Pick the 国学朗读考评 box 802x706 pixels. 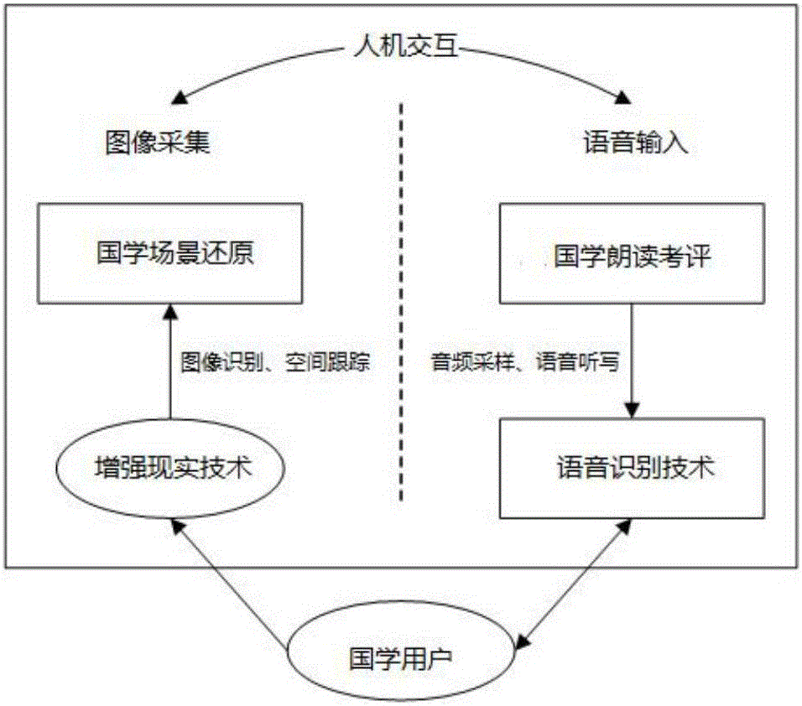click(x=633, y=254)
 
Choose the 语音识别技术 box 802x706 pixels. click(x=634, y=467)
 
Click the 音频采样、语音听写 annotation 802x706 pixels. click(x=524, y=362)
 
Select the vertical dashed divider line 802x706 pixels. click(x=402, y=302)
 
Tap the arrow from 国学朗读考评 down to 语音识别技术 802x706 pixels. click(x=633, y=361)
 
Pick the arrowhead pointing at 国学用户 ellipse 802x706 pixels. click(x=522, y=644)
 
